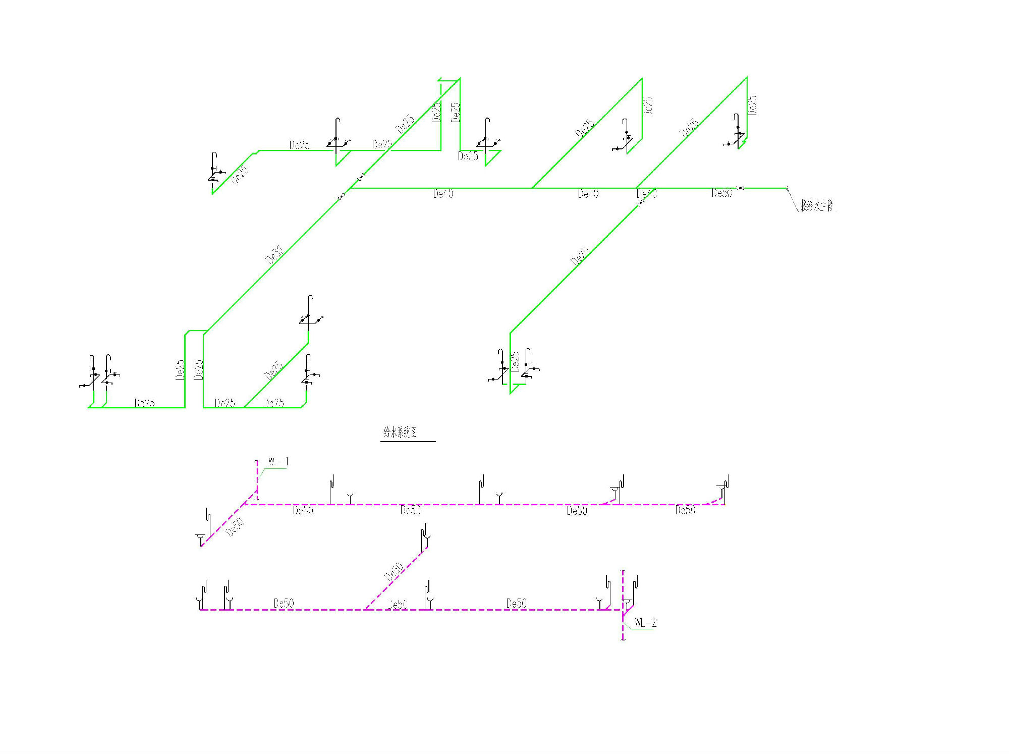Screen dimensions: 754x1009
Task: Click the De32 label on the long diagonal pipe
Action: click(275, 255)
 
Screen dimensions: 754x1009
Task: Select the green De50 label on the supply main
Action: click(721, 193)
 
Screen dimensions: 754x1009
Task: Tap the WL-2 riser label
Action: click(646, 623)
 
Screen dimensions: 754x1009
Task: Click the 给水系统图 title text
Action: click(400, 432)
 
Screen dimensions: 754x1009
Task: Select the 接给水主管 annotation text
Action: click(817, 205)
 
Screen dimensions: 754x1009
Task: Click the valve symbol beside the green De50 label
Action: click(741, 188)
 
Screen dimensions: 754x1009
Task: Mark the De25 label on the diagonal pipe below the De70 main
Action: click(580, 256)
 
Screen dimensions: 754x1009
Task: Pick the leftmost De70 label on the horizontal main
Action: click(443, 193)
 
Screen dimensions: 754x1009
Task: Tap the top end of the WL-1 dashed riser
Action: click(257, 460)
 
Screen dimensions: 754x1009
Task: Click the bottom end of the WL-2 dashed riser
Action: click(623, 639)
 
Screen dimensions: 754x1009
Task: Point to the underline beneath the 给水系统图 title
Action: click(408, 442)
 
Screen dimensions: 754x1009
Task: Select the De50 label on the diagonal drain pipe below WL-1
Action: click(235, 527)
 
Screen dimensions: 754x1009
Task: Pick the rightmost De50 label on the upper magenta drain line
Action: click(685, 510)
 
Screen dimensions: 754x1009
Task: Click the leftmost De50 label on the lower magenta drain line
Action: click(284, 603)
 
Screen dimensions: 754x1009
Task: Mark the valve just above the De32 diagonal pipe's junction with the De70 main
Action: click(361, 177)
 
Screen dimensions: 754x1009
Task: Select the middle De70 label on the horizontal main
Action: click(588, 193)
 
